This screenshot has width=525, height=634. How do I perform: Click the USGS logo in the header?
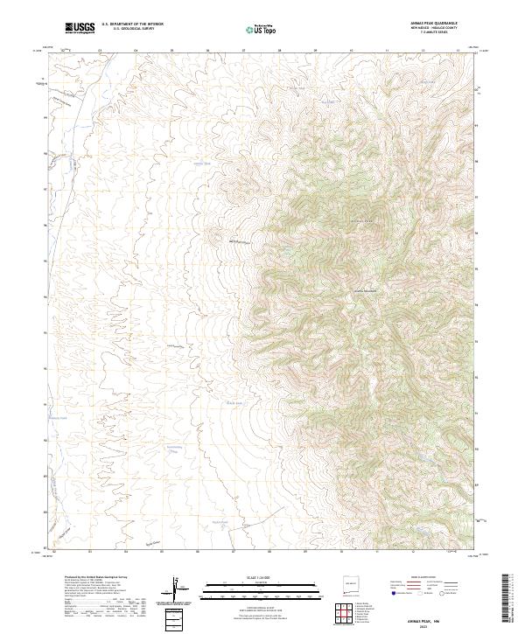(80, 29)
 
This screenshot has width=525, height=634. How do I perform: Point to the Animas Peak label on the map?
(362, 221)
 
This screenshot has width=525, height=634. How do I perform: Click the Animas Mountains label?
(366, 290)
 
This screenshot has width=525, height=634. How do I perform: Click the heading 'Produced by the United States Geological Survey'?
(96, 577)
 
